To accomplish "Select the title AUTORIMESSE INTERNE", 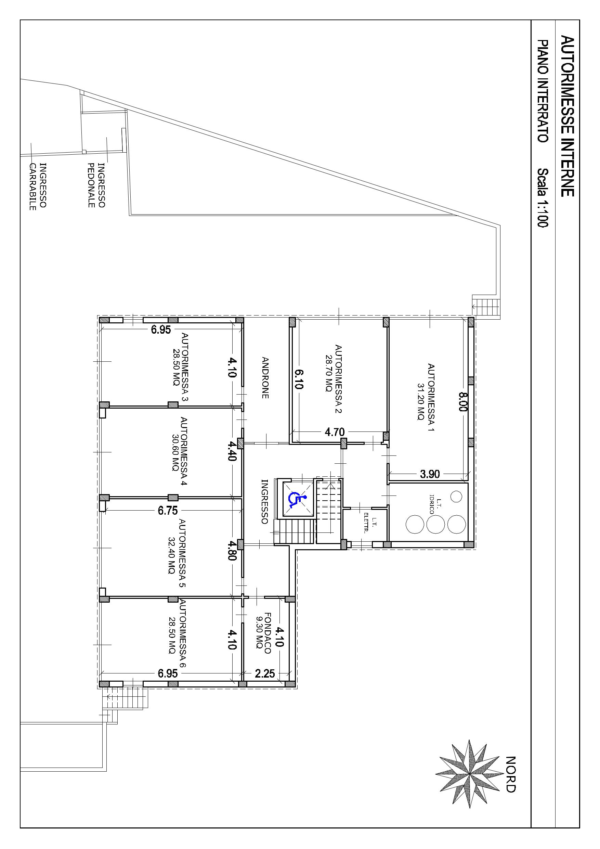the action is (x=568, y=116).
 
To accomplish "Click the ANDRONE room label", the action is (x=265, y=377).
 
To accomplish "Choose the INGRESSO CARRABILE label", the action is (x=38, y=186).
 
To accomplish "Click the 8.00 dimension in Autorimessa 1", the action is (x=463, y=402).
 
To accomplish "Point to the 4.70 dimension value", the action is (x=335, y=432).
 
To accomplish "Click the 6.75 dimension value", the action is (x=168, y=511).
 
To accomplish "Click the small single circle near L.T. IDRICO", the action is (x=457, y=496).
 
